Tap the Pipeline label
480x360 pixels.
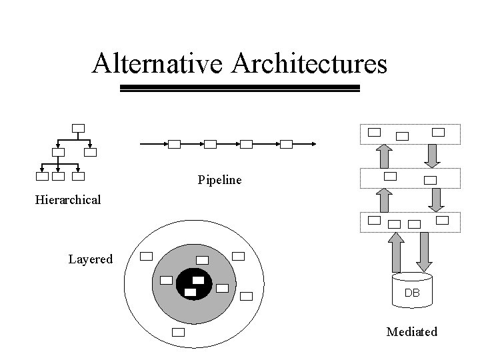pyautogui.click(x=219, y=180)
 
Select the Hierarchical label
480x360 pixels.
pyautogui.click(x=68, y=199)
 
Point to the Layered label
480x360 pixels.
pyautogui.click(x=90, y=259)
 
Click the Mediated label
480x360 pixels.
pyautogui.click(x=411, y=331)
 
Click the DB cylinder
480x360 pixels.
pyautogui.click(x=411, y=292)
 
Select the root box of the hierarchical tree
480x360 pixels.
pyautogui.click(x=78, y=128)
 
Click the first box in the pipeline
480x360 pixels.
pyautogui.click(x=174, y=143)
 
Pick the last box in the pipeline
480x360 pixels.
pyautogui.click(x=287, y=143)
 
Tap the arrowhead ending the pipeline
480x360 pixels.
pyautogui.click(x=313, y=143)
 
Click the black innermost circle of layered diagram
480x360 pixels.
pyautogui.click(x=194, y=285)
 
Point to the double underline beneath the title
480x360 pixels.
pyautogui.click(x=239, y=89)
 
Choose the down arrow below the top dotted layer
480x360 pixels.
pyautogui.click(x=431, y=155)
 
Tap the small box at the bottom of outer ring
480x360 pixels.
pyautogui.click(x=178, y=332)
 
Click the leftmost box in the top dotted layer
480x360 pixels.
pyautogui.click(x=375, y=132)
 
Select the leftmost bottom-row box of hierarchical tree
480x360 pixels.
pyautogui.click(x=42, y=177)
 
